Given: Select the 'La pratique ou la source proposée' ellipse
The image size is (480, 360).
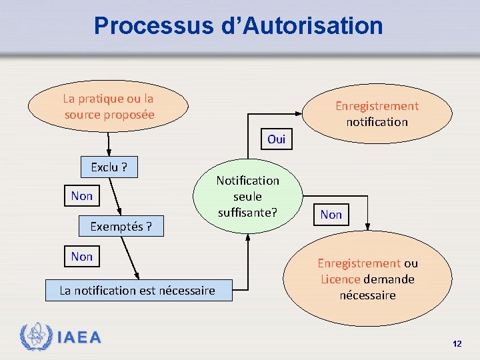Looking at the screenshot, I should point(109,107).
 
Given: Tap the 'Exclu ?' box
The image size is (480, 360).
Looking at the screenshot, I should point(109,167).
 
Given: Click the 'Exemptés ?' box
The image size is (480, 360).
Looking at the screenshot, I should point(121,227).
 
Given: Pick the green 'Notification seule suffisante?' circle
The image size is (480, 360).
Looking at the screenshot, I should point(247,197).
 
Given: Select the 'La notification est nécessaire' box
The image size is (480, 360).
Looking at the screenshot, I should point(138,290).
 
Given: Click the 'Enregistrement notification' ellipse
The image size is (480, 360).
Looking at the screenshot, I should point(377,114).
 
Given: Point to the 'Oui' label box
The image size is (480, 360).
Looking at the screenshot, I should point(276,139).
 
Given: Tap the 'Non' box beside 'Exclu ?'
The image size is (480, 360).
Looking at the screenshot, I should point(82,196).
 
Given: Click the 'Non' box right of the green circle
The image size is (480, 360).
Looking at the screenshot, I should point(331,214).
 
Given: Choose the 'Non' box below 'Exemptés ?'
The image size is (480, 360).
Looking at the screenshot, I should point(82,257).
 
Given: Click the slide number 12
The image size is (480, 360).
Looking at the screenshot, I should point(457,344).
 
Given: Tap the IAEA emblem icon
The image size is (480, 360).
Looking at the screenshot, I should point(35,337).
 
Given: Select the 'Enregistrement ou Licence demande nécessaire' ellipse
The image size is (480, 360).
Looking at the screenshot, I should point(367,279).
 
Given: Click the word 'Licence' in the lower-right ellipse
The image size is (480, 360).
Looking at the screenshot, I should point(340,279).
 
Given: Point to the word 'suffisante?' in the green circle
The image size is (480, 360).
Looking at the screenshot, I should point(247,213).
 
